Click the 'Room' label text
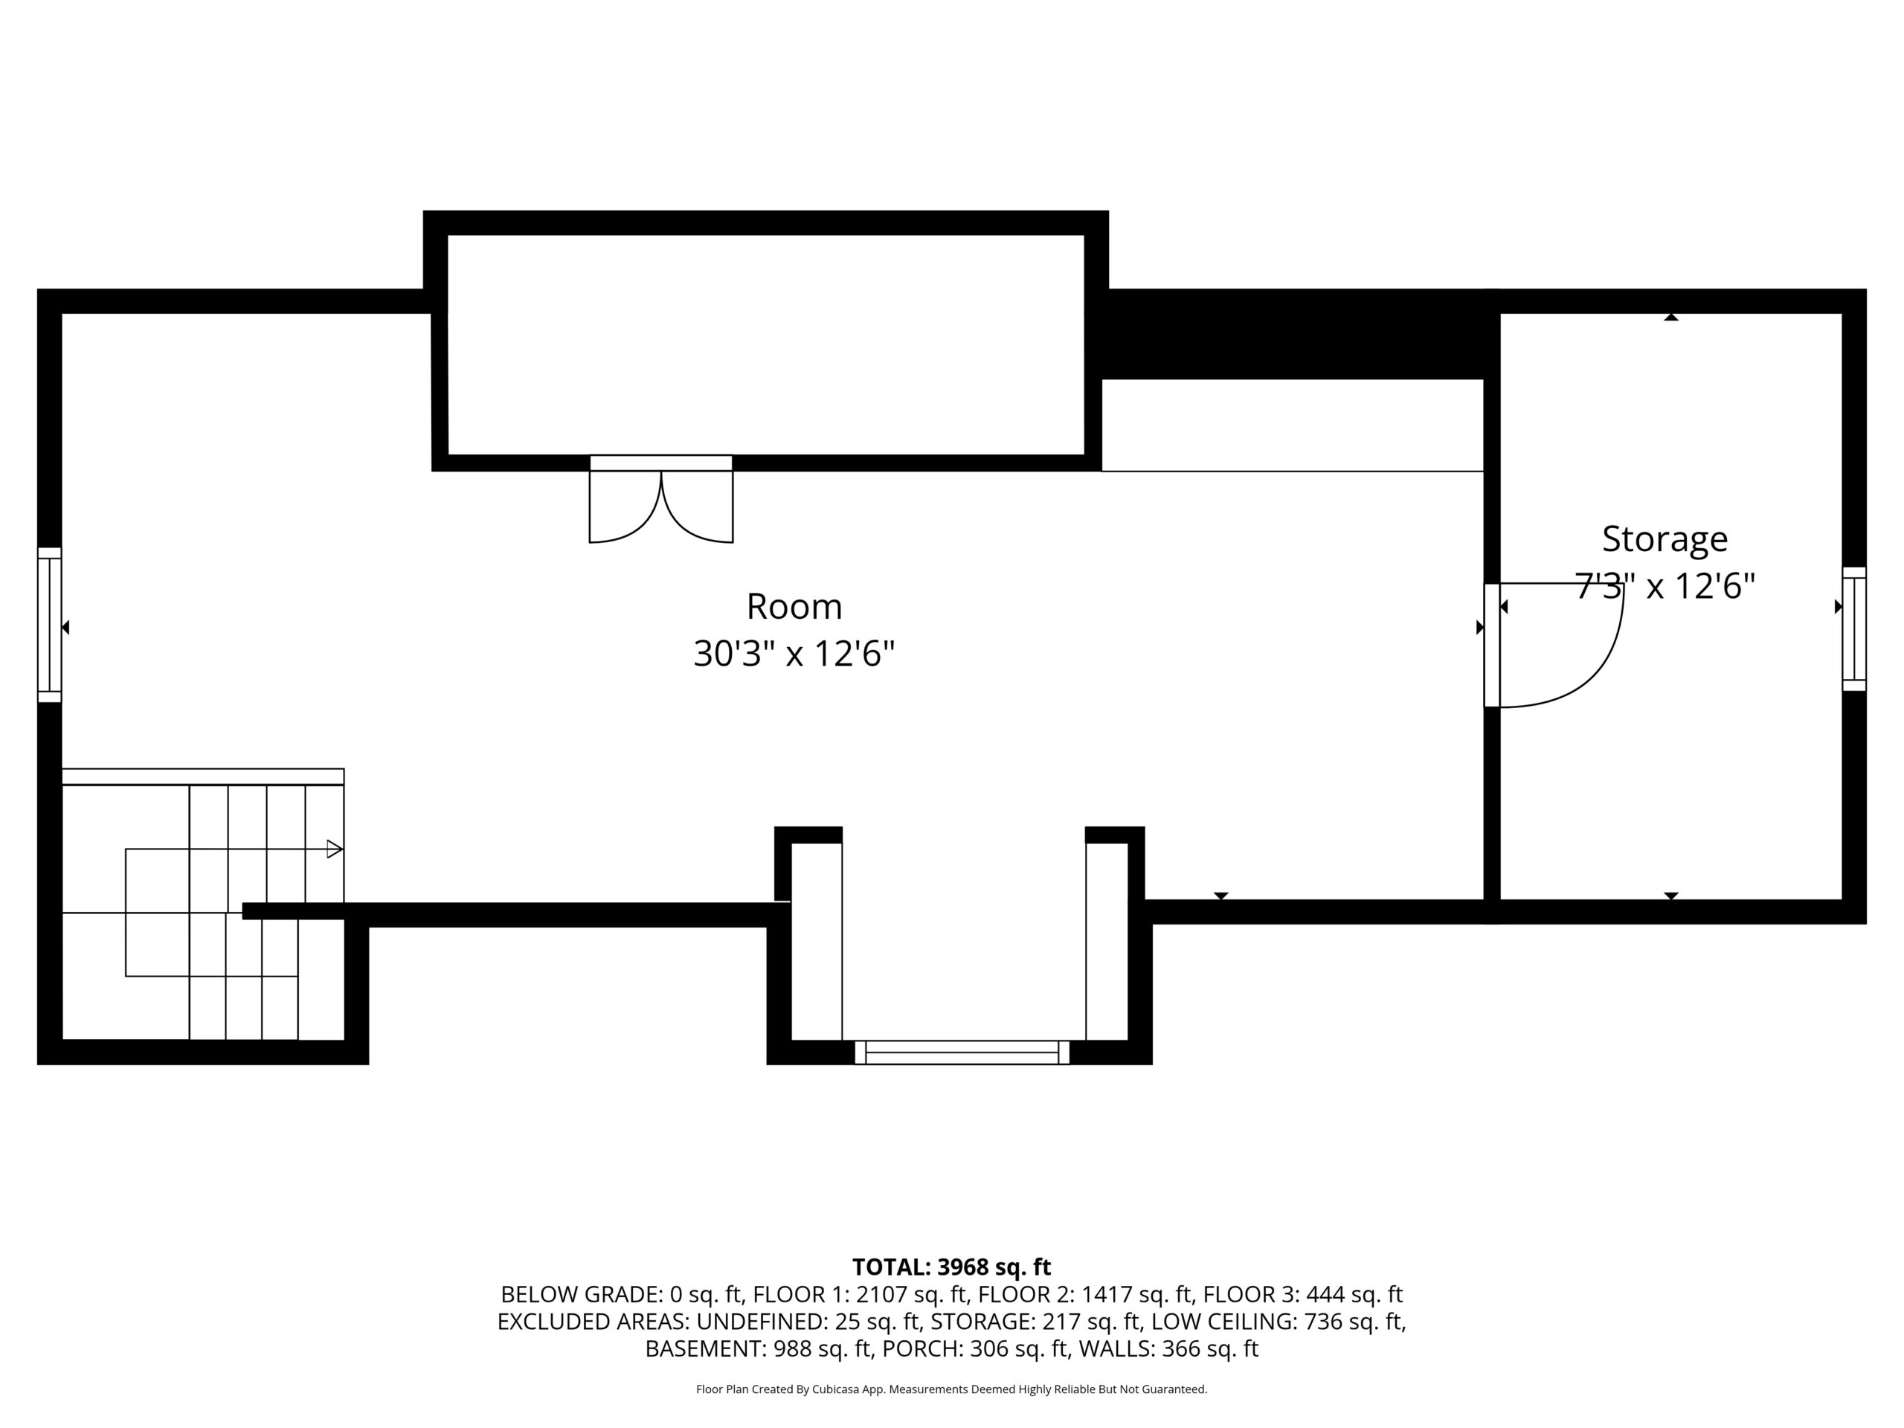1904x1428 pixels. [794, 607]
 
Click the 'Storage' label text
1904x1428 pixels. [1665, 540]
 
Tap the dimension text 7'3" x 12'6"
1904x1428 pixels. [1665, 586]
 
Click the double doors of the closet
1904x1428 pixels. [661, 500]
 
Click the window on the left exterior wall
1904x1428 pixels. [49, 625]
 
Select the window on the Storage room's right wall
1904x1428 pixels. [1854, 629]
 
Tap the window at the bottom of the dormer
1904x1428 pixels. [962, 1052]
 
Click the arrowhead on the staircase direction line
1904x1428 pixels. [335, 849]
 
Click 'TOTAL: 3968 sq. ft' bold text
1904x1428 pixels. [951, 1267]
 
